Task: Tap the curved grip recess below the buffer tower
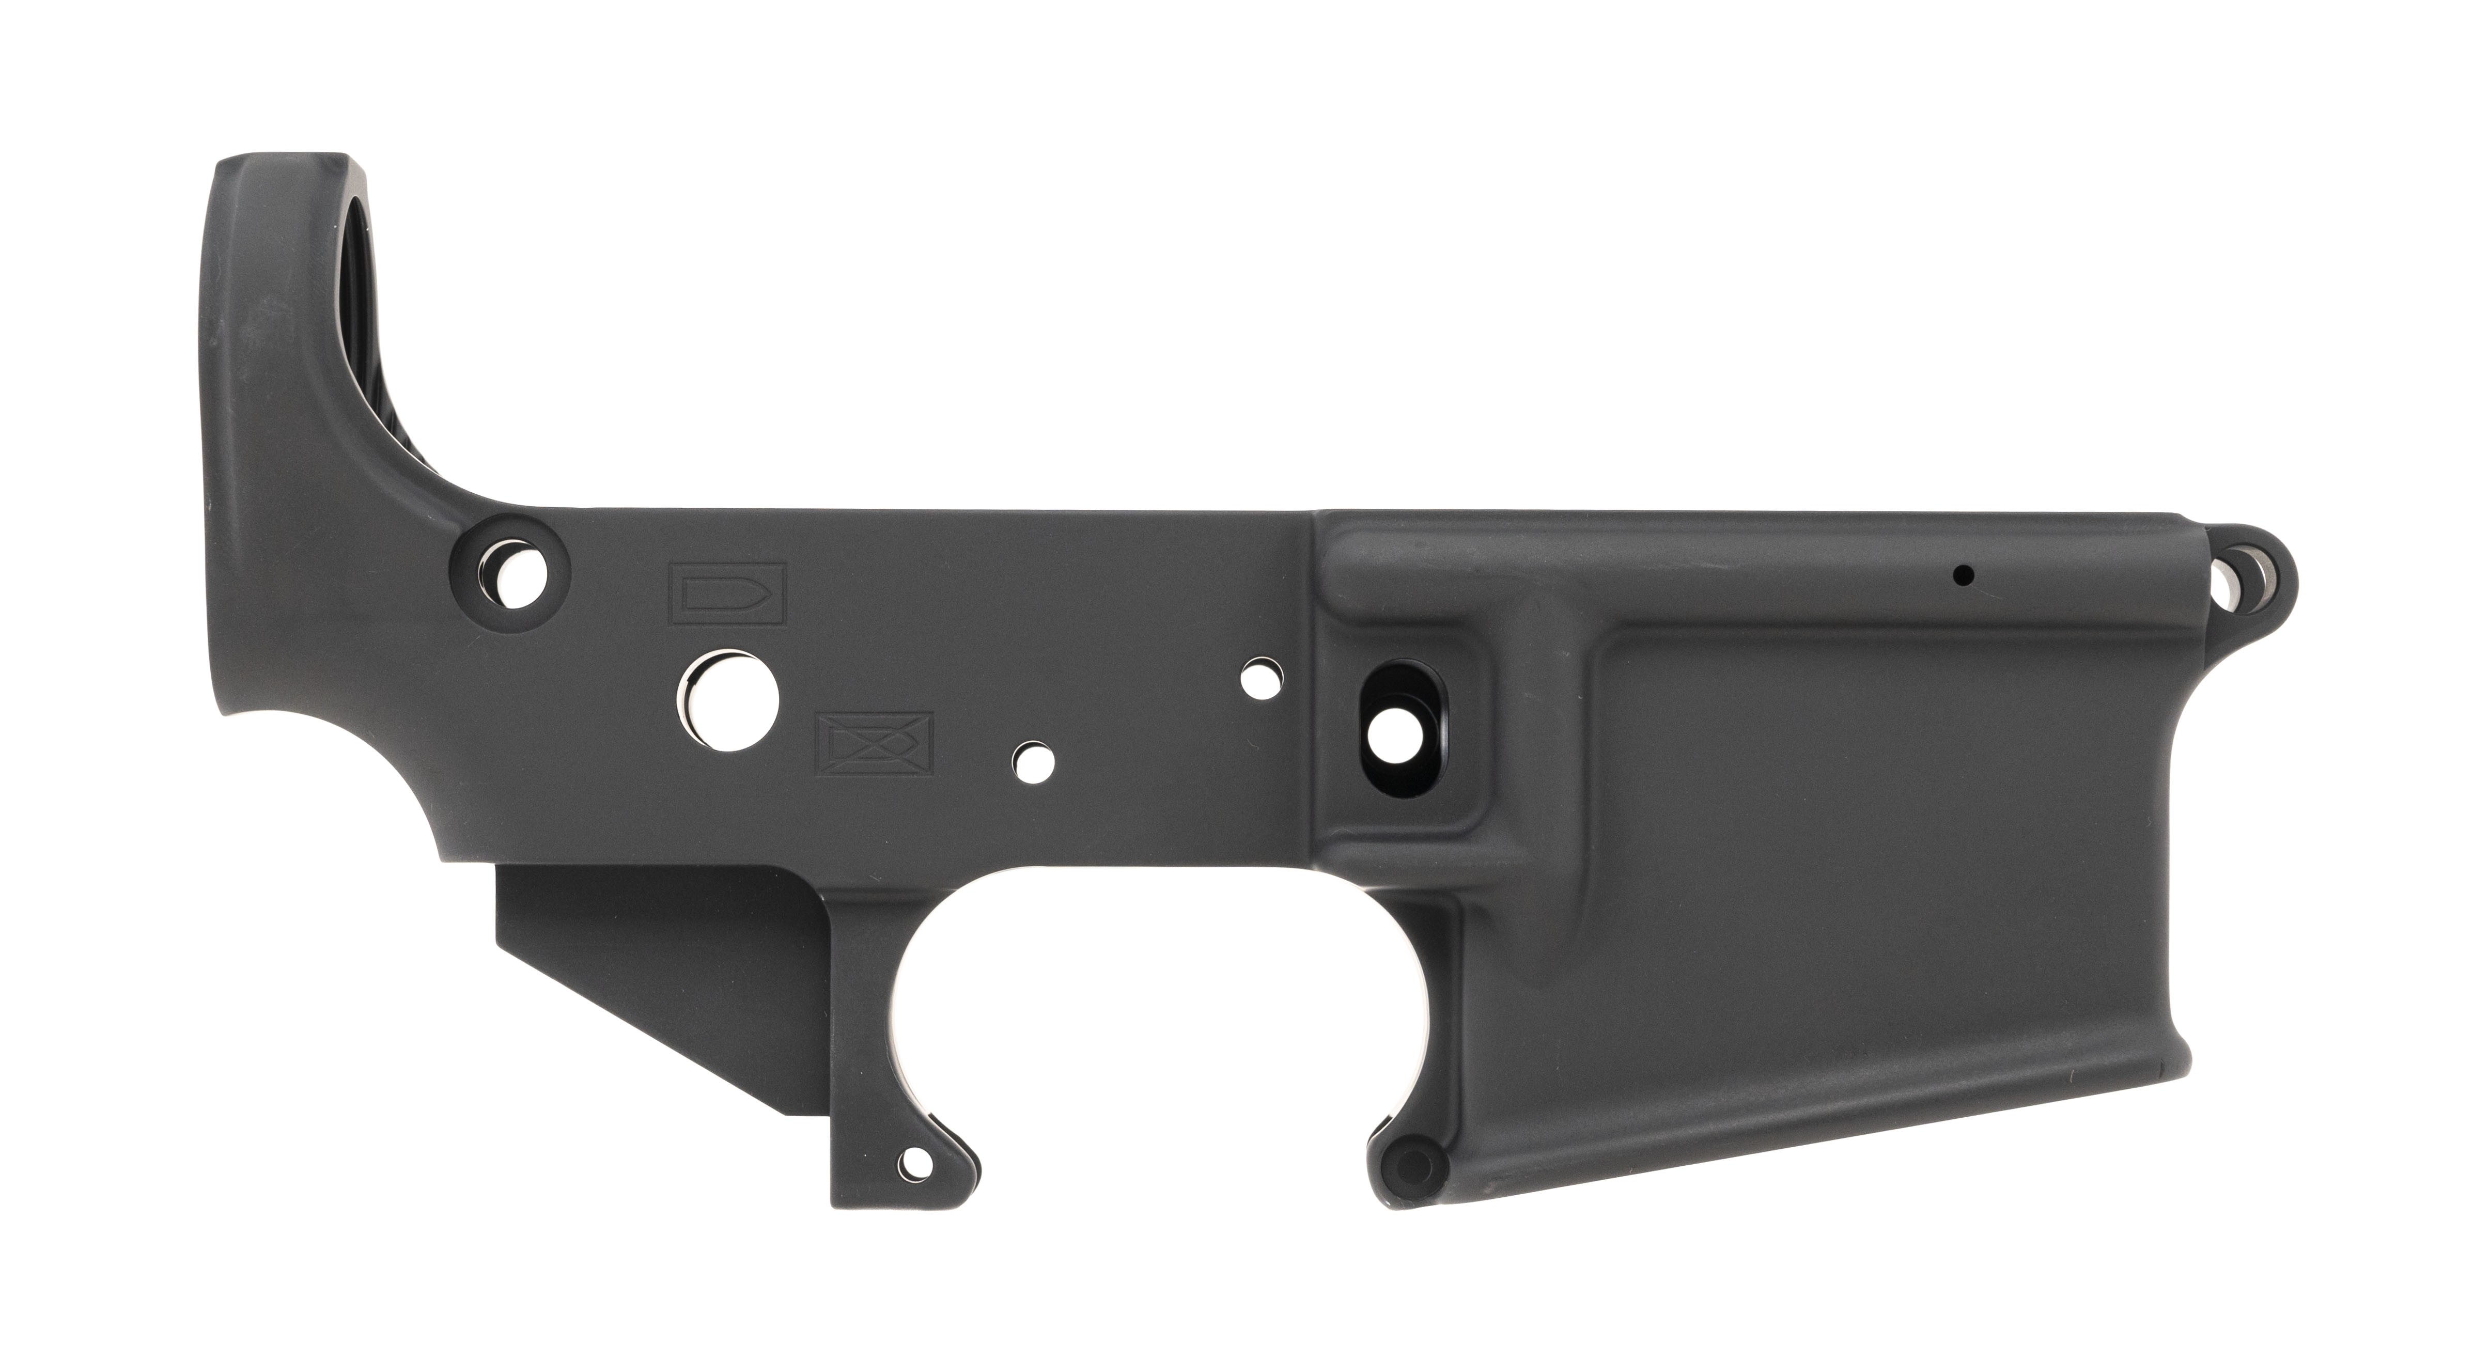[326, 788]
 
